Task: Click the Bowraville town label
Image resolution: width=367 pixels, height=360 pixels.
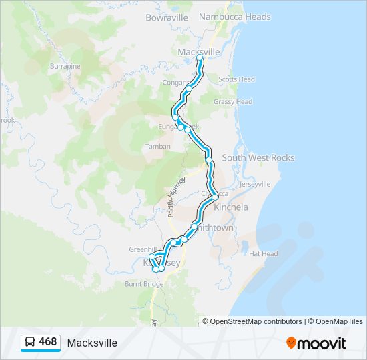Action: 167,17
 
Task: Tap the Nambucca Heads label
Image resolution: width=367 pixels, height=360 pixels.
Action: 235,17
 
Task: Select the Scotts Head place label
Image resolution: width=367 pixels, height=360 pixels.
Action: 236,79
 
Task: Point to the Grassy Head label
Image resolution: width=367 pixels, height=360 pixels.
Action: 233,102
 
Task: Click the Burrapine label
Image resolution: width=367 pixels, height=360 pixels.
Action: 65,67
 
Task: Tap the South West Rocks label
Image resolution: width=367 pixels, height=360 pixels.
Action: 258,158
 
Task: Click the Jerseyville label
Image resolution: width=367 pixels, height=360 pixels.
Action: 255,183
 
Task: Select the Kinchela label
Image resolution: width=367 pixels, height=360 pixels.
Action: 232,207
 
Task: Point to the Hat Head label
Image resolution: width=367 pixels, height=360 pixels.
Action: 263,254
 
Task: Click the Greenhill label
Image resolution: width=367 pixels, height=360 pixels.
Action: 143,249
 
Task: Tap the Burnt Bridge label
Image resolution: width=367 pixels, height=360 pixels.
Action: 144,284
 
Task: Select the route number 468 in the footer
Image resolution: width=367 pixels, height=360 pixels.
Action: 47,342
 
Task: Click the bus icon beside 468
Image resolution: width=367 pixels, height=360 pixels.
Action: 31,342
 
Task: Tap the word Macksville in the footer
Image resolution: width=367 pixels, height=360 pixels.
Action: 92,343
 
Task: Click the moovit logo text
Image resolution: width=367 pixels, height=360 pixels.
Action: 322,343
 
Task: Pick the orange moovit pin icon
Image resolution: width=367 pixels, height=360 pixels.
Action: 291,343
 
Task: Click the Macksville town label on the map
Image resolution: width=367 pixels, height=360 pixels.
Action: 200,51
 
